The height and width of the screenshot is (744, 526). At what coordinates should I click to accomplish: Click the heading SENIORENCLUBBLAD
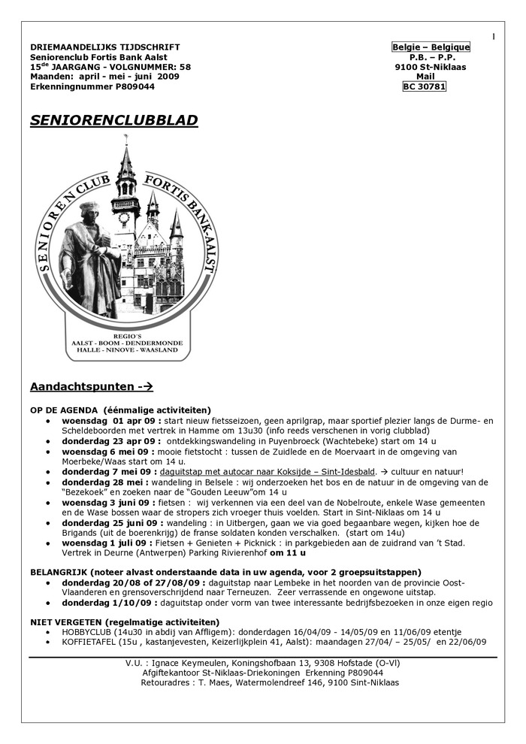click(x=114, y=120)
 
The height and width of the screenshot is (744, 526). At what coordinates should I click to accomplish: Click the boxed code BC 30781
click(x=425, y=86)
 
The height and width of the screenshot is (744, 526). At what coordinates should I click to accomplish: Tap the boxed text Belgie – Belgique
click(x=431, y=47)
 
